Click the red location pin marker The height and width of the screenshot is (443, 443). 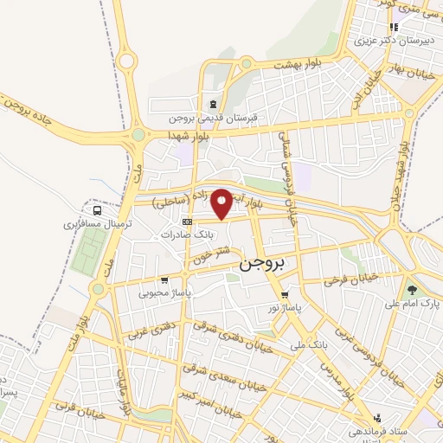[x=222, y=202]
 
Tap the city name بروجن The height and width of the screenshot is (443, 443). [x=260, y=265]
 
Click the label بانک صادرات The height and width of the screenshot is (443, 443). [x=188, y=234]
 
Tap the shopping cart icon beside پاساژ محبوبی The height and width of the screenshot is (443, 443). [x=164, y=280]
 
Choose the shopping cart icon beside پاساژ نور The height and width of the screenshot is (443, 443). [x=285, y=294]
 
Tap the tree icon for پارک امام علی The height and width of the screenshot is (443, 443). [x=411, y=291]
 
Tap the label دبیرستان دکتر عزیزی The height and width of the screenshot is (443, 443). [x=383, y=40]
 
